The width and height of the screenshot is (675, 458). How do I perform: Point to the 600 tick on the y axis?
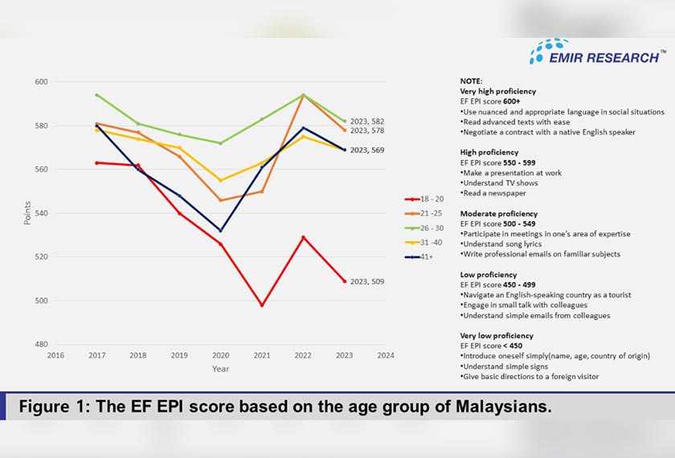tap(42, 82)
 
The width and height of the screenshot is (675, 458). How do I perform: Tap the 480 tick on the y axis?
tap(42, 345)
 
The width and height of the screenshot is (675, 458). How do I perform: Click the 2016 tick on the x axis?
tap(55, 354)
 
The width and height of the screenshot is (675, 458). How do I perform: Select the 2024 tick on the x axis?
tap(386, 354)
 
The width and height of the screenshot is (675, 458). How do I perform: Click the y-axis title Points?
tap(28, 213)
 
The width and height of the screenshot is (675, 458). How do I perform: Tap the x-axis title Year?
tap(220, 369)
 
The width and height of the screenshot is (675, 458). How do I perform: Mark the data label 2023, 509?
tap(366, 282)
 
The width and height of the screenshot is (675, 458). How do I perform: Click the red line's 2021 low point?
tap(262, 305)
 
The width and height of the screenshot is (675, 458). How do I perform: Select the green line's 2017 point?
tap(96, 95)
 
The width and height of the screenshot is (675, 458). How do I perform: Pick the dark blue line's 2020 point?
tap(220, 231)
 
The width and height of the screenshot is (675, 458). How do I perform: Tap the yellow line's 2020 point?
tap(220, 180)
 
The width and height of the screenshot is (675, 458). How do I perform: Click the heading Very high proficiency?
tap(498, 92)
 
